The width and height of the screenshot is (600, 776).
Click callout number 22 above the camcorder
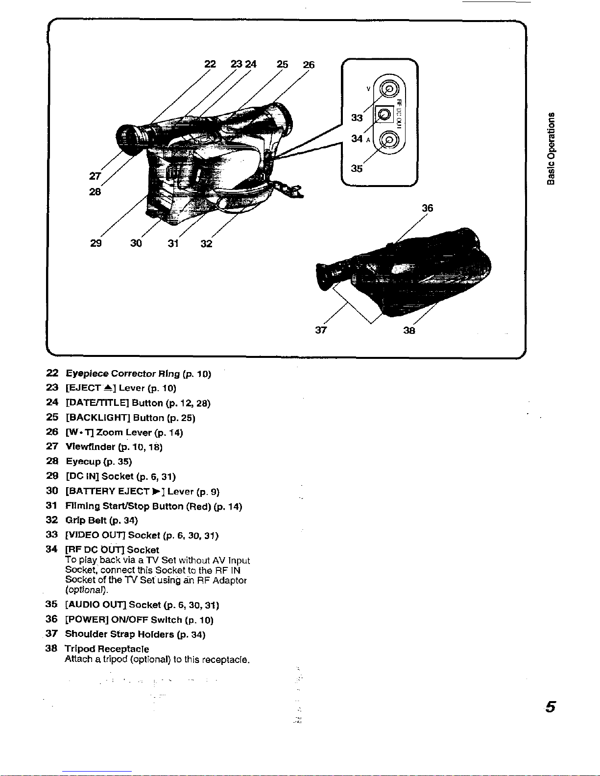coord(210,65)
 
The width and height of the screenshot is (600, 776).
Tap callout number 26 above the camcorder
coord(309,65)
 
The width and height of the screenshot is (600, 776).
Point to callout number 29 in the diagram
coord(96,243)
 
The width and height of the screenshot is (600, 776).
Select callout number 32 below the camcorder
coord(206,243)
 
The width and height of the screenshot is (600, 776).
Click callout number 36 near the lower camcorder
coord(428,208)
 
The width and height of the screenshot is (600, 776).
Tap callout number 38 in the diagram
coord(409,330)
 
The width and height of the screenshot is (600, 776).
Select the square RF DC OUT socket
coord(385,115)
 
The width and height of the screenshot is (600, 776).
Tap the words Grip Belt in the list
coord(86,520)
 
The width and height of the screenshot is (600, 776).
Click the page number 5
coord(551,708)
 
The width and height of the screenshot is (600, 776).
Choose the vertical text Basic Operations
coord(552,149)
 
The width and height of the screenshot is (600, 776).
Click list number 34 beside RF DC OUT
coord(51,549)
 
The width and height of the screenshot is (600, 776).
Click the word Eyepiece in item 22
coord(87,374)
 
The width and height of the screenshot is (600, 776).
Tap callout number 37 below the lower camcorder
coord(321,330)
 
